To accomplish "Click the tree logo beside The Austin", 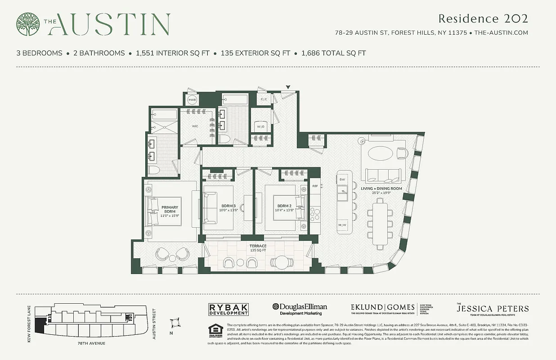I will click(x=28, y=24).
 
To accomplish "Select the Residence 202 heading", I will click(x=483, y=18).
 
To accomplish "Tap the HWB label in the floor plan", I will click(x=192, y=99).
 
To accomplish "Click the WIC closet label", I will click(x=195, y=126).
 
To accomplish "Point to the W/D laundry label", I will click(x=261, y=127).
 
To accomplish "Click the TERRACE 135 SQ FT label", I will click(x=258, y=248).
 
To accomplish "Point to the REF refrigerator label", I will click(x=315, y=185).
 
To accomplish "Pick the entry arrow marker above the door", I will click(x=288, y=87).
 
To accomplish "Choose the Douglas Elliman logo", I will click(x=300, y=309).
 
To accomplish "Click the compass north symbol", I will click(x=175, y=324).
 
